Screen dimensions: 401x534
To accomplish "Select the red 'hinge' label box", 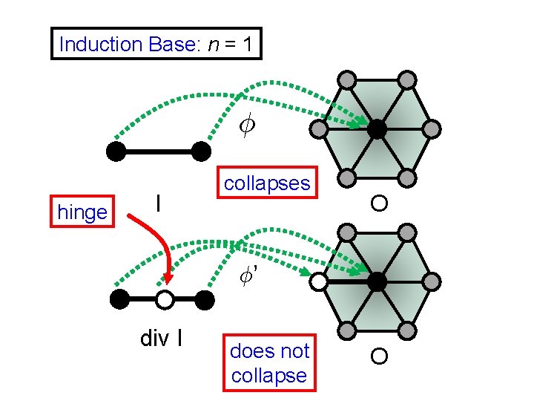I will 82,212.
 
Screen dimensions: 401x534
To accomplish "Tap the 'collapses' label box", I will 267,183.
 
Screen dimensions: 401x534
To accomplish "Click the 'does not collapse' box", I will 268,363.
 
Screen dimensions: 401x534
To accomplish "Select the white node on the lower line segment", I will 165,300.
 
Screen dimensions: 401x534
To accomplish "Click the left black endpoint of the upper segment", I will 116,151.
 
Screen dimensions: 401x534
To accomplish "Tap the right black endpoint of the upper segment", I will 201,151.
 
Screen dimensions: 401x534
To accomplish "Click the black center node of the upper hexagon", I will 377,129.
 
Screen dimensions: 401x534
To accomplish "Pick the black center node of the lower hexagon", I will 377,281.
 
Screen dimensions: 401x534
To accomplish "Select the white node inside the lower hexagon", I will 319,281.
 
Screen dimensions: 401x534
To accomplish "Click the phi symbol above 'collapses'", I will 248,127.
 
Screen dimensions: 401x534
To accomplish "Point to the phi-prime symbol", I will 248,276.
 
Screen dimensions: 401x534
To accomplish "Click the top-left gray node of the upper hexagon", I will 347,78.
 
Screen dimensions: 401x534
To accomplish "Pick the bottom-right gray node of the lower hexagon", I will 406,332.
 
